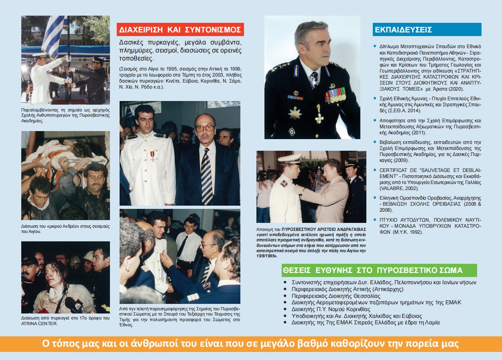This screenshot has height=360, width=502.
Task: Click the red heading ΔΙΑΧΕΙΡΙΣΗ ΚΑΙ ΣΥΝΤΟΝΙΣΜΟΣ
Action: [180, 30]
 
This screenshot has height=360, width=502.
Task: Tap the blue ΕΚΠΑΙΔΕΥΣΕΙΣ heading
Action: [403, 30]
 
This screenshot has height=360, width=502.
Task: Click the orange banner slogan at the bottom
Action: [251, 344]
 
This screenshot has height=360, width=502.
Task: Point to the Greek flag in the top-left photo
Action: [54, 34]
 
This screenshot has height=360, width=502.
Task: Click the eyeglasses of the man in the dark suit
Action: [205, 128]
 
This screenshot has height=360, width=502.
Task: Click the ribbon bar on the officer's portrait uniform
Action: [335, 95]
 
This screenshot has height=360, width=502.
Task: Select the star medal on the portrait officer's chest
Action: [295, 113]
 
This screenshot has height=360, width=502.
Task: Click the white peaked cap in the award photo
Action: [290, 159]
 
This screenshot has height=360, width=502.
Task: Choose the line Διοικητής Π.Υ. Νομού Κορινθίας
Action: [331, 309]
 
